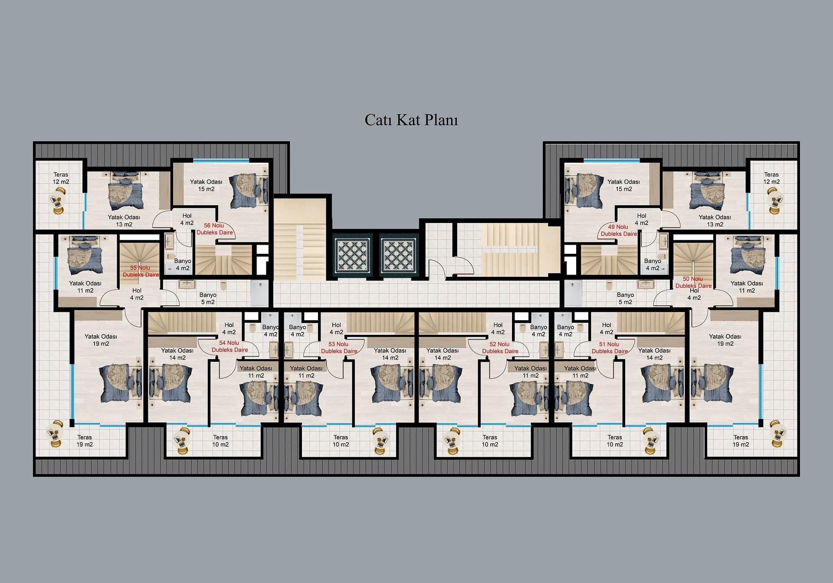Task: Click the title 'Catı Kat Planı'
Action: point(411,120)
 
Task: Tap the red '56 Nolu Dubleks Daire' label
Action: point(214,229)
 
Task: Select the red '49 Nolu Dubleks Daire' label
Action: point(618,230)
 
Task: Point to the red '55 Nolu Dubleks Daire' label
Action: point(140,271)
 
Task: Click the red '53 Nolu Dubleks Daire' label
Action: point(339,347)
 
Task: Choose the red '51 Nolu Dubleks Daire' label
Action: point(610,347)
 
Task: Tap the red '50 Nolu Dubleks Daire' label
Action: point(693,282)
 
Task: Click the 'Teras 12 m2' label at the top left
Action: point(61,178)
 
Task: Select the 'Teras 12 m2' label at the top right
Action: point(771,178)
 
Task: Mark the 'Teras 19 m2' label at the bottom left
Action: point(85,441)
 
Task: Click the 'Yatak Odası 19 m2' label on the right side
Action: point(725,340)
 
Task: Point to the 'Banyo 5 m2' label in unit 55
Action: point(208,298)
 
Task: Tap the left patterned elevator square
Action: point(353,255)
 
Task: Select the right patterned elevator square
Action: point(399,255)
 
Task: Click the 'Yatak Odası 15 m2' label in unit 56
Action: point(206,185)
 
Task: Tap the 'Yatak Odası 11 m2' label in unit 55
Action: point(85,287)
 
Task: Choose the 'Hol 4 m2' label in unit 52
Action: point(498,328)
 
